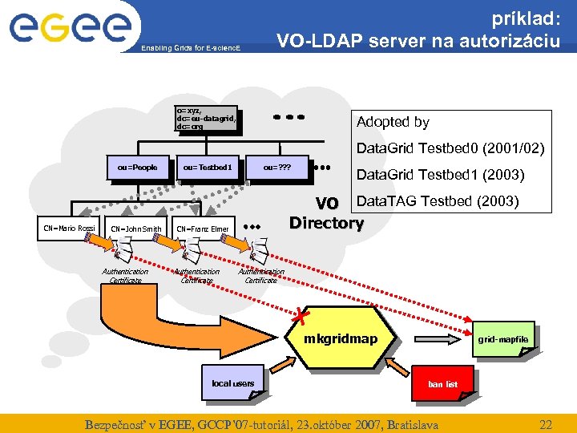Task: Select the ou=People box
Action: pos(137,168)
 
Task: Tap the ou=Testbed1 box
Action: pos(207,168)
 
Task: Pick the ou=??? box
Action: pos(276,168)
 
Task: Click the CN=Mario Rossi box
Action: pos(70,229)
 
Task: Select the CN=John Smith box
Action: pos(135,229)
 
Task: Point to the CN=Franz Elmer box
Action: pos(204,229)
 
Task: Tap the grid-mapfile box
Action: pos(503,340)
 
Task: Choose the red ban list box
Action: pos(442,384)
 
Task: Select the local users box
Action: pos(232,383)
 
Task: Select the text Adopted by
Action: pos(393,122)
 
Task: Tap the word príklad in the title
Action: pos(525,16)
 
